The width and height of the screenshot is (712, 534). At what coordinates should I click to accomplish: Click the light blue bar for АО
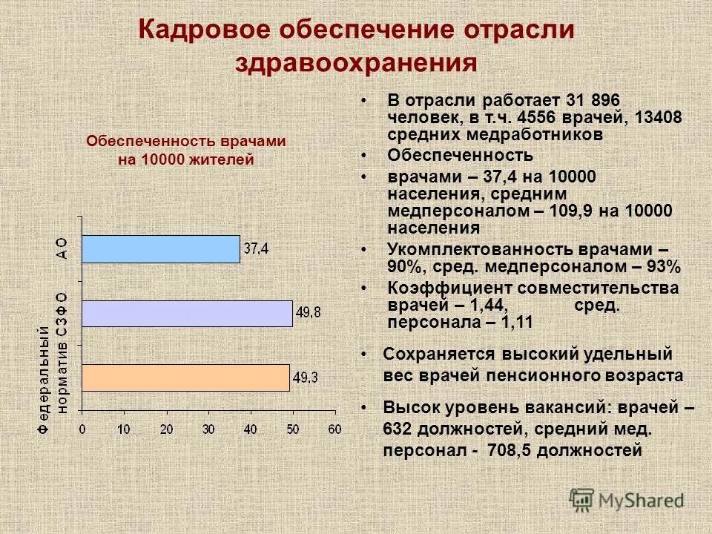click(x=161, y=249)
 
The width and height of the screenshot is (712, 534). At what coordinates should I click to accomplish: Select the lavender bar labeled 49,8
click(x=187, y=314)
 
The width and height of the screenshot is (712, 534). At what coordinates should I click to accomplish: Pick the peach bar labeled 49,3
click(x=185, y=378)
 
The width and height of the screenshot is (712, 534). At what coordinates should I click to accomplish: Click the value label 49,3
click(x=306, y=378)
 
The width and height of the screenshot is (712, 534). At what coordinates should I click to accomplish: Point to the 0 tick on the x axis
click(x=82, y=429)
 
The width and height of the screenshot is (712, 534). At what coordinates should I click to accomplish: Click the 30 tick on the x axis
click(x=208, y=429)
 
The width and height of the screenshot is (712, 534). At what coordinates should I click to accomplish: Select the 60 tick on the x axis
click(x=335, y=429)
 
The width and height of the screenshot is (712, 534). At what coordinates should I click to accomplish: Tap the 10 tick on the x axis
click(x=124, y=429)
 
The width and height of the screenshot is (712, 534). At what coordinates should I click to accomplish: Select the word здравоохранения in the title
click(x=356, y=62)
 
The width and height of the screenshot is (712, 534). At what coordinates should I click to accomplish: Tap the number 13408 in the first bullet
click(x=658, y=117)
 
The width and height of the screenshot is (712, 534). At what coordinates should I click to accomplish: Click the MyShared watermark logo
click(x=627, y=499)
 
